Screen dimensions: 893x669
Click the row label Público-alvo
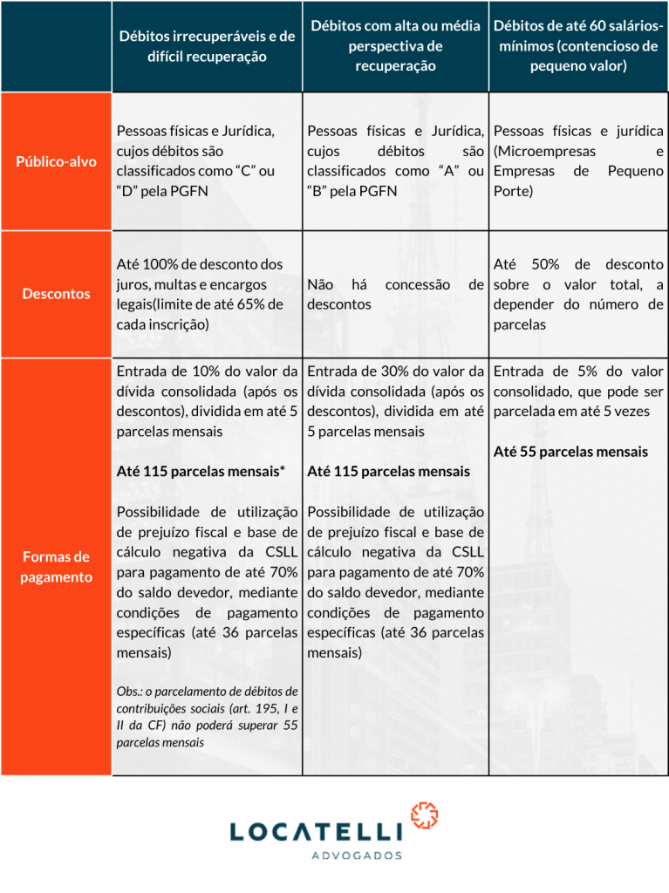(x=57, y=162)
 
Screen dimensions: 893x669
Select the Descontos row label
(x=57, y=294)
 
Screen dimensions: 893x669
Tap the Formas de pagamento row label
(x=57, y=567)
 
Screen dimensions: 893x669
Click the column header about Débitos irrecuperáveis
(x=207, y=46)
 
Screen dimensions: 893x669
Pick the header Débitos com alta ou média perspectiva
(x=395, y=46)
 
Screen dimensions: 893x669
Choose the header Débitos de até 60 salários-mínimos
(x=578, y=46)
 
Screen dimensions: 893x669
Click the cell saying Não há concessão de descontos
(x=395, y=294)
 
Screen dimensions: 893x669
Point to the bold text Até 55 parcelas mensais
(x=570, y=452)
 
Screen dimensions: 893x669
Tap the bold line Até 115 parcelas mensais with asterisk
(x=201, y=471)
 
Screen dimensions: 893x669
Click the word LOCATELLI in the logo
(x=317, y=832)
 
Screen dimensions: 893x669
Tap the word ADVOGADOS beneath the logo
(x=357, y=856)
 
